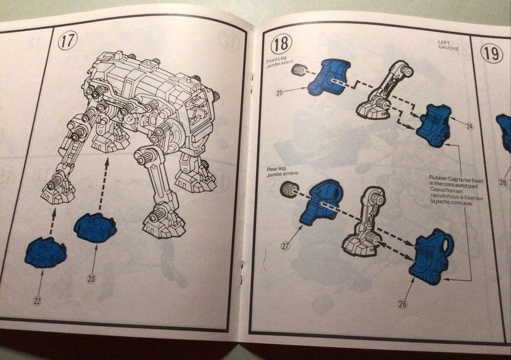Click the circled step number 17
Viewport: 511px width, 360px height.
tap(68, 40)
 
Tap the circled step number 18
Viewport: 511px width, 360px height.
tap(281, 44)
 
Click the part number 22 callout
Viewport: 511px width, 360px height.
tap(37, 301)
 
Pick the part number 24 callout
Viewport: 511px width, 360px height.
tap(469, 126)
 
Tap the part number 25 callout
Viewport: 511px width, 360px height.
tap(279, 93)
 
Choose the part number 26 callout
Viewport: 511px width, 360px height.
tap(402, 304)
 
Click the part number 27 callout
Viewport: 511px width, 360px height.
tap(285, 246)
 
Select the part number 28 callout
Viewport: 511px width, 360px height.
tap(503, 182)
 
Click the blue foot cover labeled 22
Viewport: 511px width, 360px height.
tap(46, 253)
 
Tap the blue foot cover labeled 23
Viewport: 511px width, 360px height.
tap(95, 227)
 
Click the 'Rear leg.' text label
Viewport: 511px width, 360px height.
tap(276, 169)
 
